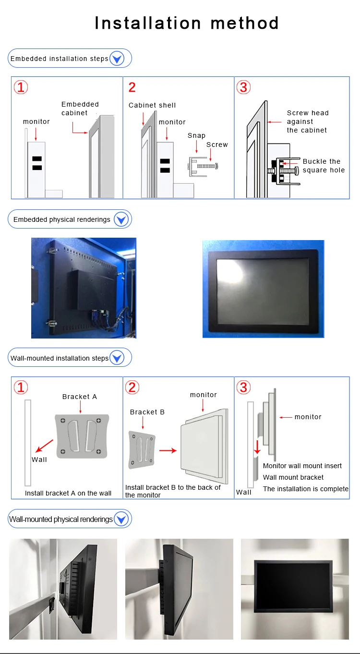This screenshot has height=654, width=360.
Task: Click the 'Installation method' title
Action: pos(186,23)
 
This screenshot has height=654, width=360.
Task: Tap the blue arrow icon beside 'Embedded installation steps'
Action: pos(117,59)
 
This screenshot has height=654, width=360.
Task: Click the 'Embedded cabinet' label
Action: pos(80,109)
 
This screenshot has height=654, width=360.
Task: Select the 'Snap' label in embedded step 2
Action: pos(196,135)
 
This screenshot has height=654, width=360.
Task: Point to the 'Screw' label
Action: pos(217,145)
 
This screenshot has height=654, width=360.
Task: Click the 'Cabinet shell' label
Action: pos(152,105)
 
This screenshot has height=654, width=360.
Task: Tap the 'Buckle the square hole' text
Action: pos(323,166)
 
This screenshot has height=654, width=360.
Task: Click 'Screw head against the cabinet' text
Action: pos(308,121)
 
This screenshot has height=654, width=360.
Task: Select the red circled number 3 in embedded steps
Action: pos(244,87)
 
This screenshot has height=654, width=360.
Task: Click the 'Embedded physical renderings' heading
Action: pos(62,219)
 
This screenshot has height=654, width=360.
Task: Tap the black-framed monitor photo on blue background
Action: pos(263,289)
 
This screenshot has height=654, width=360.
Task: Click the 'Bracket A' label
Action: pos(80,397)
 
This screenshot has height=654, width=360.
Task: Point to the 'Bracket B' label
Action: pos(147,412)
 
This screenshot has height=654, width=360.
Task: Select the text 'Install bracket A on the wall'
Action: pos(68,493)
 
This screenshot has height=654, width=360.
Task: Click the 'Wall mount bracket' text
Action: pos(293,477)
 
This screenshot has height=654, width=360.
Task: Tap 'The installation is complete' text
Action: pos(306,489)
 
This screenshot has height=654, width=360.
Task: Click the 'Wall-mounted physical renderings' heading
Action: pos(61,519)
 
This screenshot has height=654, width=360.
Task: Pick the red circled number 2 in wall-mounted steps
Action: pos(132,387)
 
